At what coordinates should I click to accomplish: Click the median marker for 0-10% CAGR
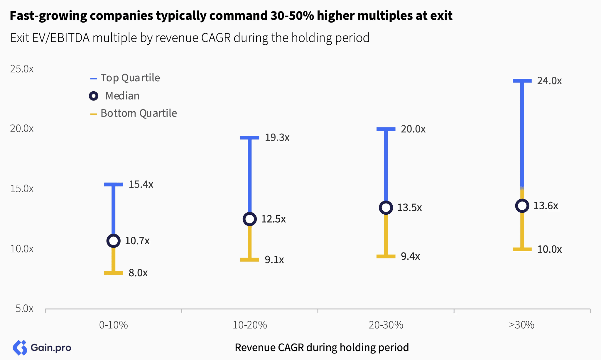pyautogui.click(x=114, y=241)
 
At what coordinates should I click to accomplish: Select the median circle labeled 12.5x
pyautogui.click(x=250, y=219)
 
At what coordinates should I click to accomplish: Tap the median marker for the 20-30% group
pyautogui.click(x=386, y=208)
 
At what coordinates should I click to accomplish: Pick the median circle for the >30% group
pyautogui.click(x=522, y=206)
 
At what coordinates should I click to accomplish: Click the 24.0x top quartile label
pyautogui.click(x=549, y=81)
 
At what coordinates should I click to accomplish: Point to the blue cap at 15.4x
pyautogui.click(x=114, y=184)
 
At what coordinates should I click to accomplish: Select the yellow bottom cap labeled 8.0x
pyautogui.click(x=114, y=273)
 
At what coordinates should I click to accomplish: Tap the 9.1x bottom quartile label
pyautogui.click(x=274, y=260)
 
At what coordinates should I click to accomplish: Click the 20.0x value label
pyautogui.click(x=413, y=129)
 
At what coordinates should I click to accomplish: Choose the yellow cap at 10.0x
pyautogui.click(x=522, y=249)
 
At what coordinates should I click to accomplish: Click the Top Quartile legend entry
pyautogui.click(x=130, y=78)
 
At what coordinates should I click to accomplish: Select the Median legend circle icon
pyautogui.click(x=94, y=96)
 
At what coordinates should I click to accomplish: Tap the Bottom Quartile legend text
pyautogui.click(x=139, y=113)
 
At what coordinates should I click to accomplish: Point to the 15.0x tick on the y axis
pyautogui.click(x=22, y=189)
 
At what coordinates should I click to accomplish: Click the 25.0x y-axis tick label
pyautogui.click(x=22, y=69)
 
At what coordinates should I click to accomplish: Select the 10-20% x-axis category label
pyautogui.click(x=250, y=325)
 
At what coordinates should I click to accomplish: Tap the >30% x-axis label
pyautogui.click(x=522, y=325)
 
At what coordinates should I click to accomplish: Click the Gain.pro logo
pyautogui.click(x=42, y=348)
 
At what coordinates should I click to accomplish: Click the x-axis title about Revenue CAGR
pyautogui.click(x=322, y=347)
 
